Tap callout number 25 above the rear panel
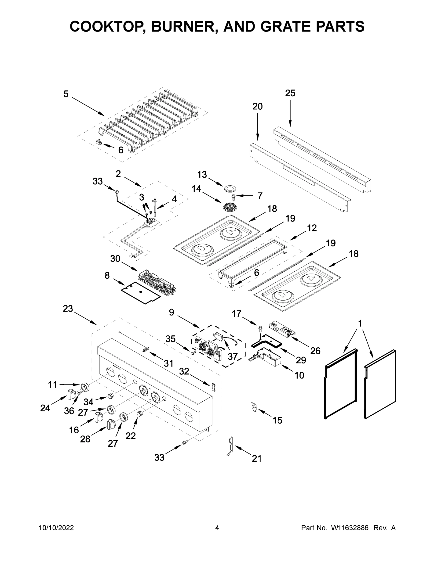tap(290, 93)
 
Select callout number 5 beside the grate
tap(66, 94)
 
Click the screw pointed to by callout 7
tap(234, 197)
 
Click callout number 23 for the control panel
tap(68, 309)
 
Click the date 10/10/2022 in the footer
tap(56, 528)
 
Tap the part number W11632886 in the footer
tap(350, 528)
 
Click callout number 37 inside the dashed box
tap(233, 356)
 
